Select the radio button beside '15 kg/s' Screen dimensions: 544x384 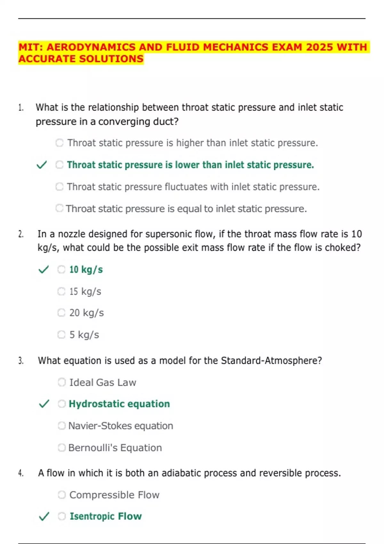click(x=61, y=291)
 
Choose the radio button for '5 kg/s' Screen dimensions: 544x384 click(x=61, y=335)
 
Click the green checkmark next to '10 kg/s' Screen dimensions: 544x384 click(x=44, y=269)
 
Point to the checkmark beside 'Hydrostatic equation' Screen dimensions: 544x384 click(x=44, y=404)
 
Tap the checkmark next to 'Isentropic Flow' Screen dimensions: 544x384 click(x=44, y=516)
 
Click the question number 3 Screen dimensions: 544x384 click(x=21, y=361)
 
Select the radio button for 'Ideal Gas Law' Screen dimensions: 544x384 click(x=61, y=382)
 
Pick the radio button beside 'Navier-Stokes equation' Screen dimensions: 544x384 click(x=61, y=426)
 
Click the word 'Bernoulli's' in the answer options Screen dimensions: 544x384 click(x=93, y=448)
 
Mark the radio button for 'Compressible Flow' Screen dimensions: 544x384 click(x=61, y=495)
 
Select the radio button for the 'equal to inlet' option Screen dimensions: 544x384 click(x=59, y=208)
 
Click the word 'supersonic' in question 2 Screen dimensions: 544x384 click(x=168, y=234)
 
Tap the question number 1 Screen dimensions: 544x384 click(x=21, y=108)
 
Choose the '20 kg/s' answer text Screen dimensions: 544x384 click(x=86, y=313)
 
